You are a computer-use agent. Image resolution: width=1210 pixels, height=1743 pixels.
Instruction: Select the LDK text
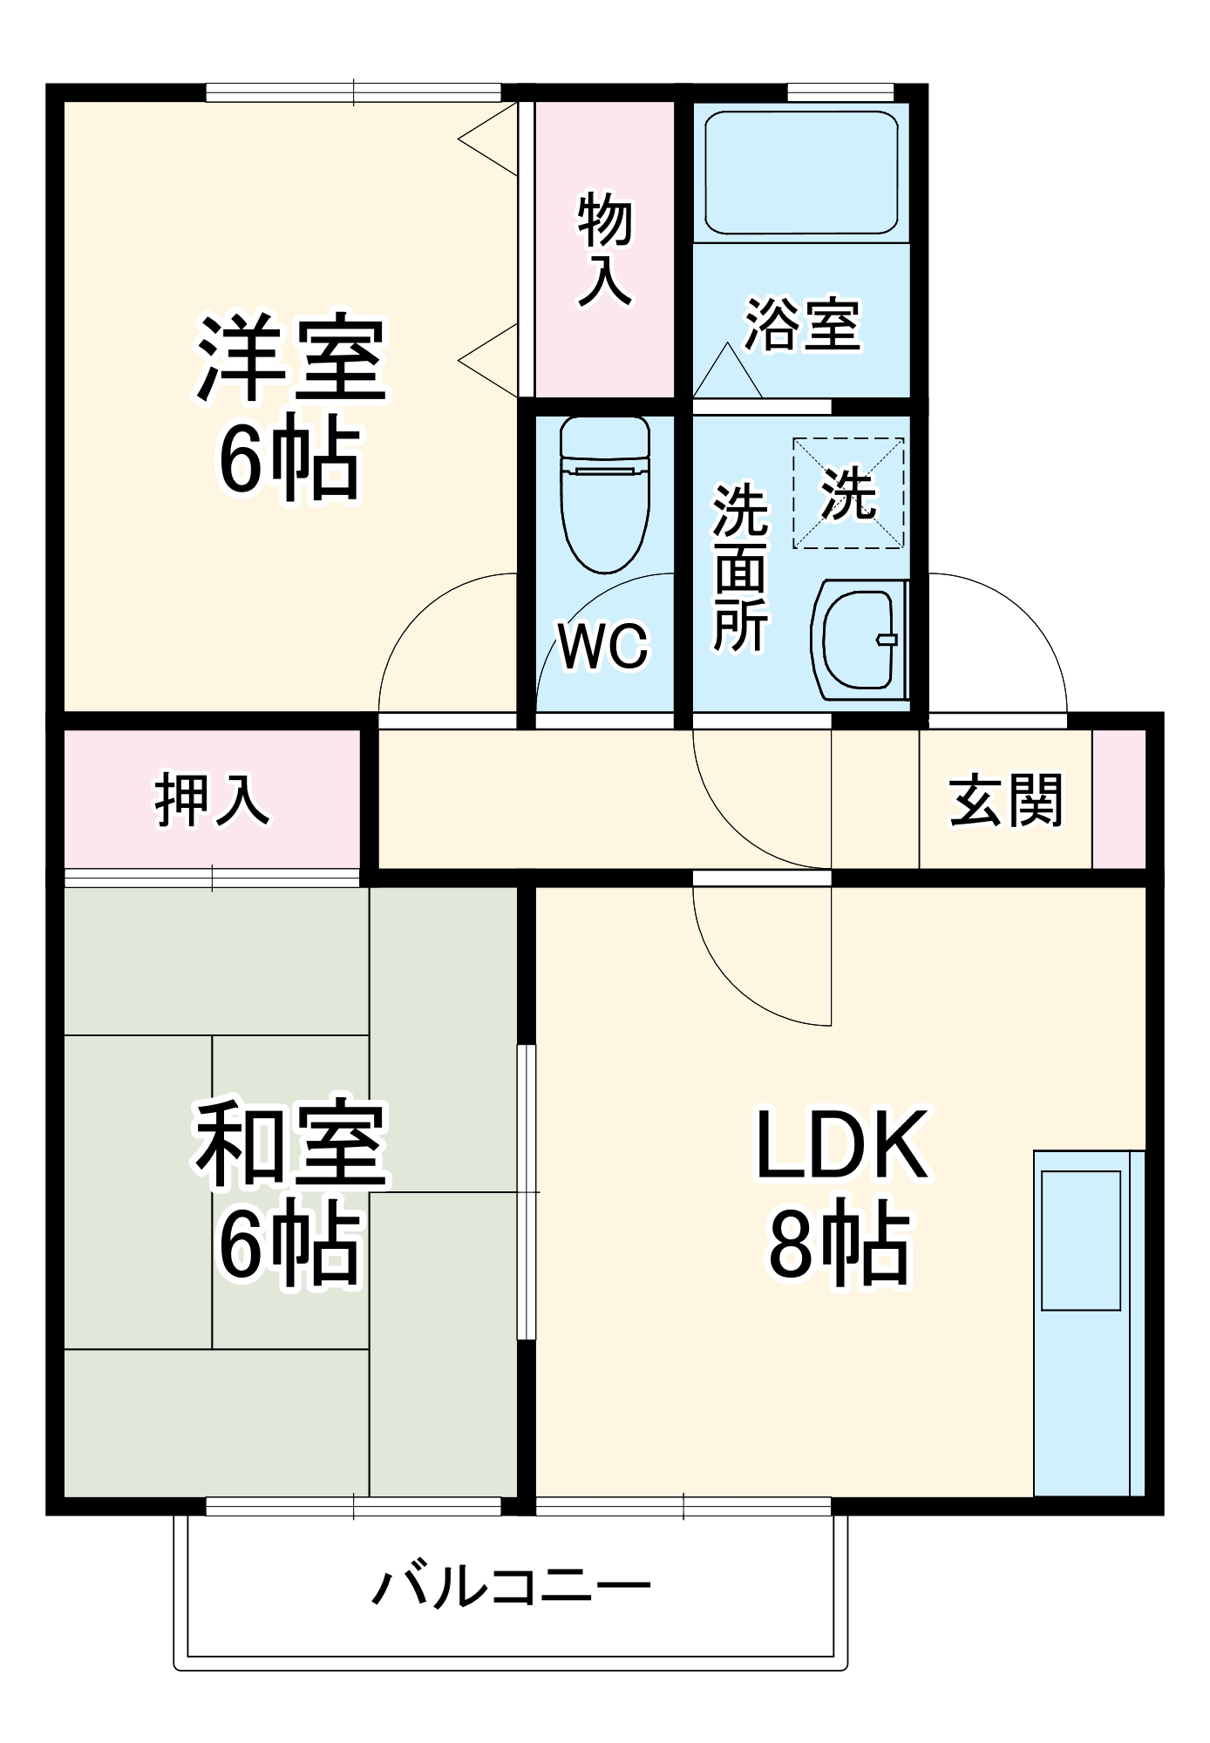point(841,1145)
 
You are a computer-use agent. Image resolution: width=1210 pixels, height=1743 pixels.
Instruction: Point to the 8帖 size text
point(840,1243)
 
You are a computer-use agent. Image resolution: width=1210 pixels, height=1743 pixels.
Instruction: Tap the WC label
point(603,647)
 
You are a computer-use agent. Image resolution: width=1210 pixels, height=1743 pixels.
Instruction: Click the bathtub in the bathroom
point(801,173)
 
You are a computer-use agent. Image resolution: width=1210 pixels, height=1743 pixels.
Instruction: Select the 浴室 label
point(802,324)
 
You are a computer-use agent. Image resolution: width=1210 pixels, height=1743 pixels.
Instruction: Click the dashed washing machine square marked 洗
point(847,493)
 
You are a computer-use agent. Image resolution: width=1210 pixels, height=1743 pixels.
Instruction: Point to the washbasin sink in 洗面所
point(859,639)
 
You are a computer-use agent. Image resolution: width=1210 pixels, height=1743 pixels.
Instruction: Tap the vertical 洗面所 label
point(741,566)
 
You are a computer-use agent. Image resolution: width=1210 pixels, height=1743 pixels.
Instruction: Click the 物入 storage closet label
point(604,249)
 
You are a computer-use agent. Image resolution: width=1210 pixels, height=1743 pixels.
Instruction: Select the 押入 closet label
point(212,799)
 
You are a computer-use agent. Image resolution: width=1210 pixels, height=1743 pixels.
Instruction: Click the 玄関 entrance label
point(1005,799)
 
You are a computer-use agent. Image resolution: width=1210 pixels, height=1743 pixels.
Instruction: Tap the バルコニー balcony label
point(512,1584)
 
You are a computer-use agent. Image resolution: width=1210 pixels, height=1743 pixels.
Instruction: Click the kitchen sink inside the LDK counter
point(1081,1240)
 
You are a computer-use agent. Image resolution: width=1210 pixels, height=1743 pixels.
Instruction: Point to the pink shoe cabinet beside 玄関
point(1119,799)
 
